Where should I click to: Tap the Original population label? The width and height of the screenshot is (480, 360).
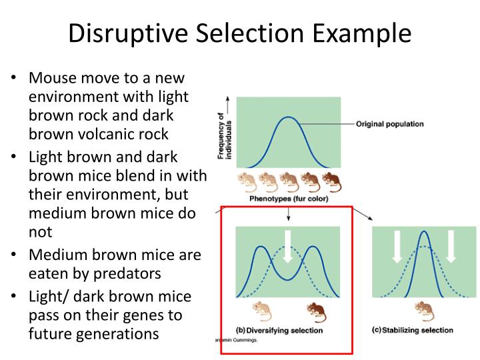(x=389, y=124)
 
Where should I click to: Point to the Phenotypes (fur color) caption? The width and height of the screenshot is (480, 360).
(x=289, y=198)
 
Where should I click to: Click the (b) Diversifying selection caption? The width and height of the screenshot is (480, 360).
(x=279, y=330)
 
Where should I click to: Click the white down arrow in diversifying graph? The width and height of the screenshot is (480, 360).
(x=288, y=245)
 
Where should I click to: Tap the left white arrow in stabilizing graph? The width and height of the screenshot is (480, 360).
(x=397, y=245)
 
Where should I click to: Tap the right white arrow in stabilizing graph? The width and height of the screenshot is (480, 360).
(x=451, y=245)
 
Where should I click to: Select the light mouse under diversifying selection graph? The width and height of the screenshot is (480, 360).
(x=261, y=309)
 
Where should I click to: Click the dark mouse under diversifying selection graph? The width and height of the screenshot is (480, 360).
(x=314, y=309)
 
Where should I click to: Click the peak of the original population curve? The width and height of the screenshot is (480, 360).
(x=288, y=118)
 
